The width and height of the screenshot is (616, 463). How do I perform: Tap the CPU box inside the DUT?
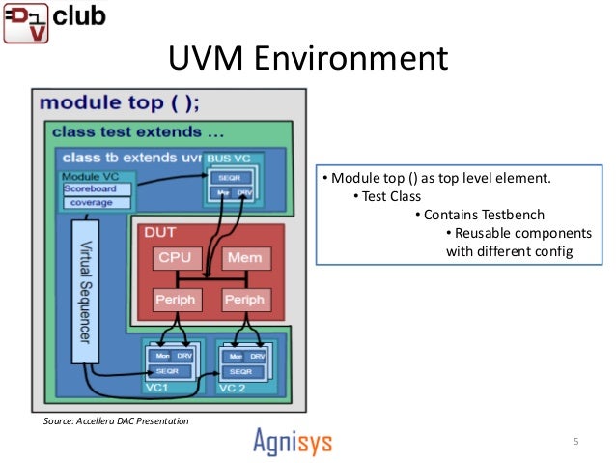175,259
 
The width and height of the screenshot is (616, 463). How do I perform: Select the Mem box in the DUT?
244,259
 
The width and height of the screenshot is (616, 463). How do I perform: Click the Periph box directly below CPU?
175,299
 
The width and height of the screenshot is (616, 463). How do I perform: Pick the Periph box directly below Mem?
244,299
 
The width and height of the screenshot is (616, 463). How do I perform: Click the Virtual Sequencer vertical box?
85,290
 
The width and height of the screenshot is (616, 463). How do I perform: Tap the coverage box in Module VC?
97,202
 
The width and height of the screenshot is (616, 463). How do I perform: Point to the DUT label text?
159,233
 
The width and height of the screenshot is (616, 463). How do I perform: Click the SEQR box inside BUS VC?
229,179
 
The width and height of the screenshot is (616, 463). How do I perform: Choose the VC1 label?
157,388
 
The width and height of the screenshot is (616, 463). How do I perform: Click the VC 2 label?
235,388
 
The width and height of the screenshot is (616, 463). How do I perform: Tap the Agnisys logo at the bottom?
293,441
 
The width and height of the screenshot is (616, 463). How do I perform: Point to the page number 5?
575,442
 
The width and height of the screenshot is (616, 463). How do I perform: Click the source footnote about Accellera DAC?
116,421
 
